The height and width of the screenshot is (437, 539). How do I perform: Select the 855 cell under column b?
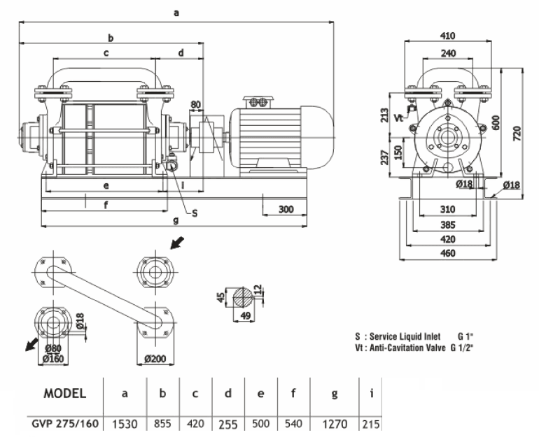[162, 424]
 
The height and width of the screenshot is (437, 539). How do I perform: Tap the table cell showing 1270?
[335, 424]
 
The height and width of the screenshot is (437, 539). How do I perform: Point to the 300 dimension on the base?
[285, 209]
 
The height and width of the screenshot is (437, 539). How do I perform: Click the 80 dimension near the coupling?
[196, 106]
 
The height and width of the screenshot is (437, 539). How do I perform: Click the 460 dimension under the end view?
[448, 253]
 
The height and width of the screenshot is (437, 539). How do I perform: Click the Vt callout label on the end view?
[399, 117]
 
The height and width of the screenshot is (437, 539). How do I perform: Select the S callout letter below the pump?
[195, 213]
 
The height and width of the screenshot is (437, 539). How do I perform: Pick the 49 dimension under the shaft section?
[244, 316]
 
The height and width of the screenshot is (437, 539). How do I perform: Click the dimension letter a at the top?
[175, 12]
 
